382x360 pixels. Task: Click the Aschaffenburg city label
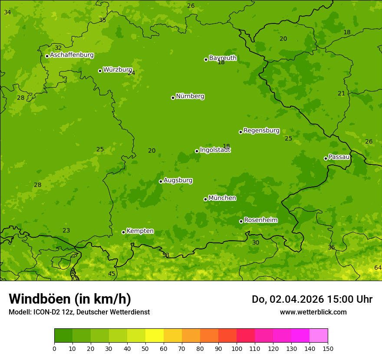[x=72, y=55]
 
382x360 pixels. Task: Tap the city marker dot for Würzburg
[x=100, y=71]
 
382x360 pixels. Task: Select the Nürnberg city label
[x=190, y=96]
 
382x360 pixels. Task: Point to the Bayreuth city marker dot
[x=206, y=59]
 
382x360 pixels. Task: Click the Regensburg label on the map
[x=261, y=131]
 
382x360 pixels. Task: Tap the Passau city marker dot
[x=326, y=158]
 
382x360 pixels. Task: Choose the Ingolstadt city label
[x=215, y=150]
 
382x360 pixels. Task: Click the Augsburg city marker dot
[x=161, y=181]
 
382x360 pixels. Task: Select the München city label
[x=222, y=198]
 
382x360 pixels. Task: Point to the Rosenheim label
[x=260, y=220]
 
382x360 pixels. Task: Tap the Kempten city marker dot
[x=123, y=232]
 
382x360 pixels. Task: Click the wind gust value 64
[x=378, y=268]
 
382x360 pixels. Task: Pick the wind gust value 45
[x=112, y=274]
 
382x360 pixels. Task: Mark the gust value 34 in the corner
[x=7, y=12]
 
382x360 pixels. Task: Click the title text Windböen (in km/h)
[x=70, y=299]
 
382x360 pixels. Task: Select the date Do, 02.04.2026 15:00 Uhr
[x=312, y=299]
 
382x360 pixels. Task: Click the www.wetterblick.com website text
[x=313, y=312]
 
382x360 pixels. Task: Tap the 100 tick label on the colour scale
[x=237, y=348]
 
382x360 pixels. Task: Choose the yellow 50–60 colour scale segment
[x=155, y=336]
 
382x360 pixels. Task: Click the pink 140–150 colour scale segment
[x=319, y=336]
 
